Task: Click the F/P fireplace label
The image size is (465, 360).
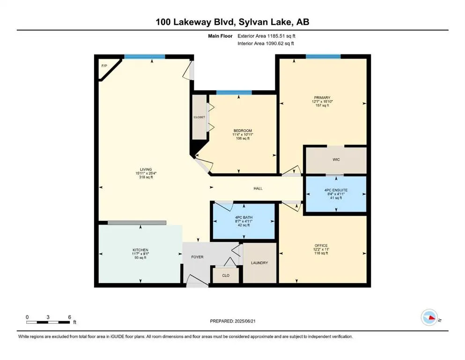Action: pos(104,66)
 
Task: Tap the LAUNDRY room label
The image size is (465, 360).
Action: pos(259,262)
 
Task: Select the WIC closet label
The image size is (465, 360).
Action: pos(336,159)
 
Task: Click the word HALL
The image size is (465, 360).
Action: pos(258,188)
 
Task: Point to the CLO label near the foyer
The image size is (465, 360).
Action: pos(226,276)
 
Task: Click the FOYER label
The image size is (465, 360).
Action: pos(197,257)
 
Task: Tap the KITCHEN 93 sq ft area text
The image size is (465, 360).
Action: pos(140,258)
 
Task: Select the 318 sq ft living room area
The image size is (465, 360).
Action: pos(146,177)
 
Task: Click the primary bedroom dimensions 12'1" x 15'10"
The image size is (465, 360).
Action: pos(322,102)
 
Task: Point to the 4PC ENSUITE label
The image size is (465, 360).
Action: pos(336,190)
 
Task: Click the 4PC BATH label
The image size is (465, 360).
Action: pos(244,217)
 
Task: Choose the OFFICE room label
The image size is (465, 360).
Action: pos(321,246)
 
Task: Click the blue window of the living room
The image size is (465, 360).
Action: pos(145,57)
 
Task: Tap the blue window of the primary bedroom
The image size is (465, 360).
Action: pos(323,56)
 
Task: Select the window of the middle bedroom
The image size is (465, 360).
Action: pos(234,93)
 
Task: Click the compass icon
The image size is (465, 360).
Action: pos(429,317)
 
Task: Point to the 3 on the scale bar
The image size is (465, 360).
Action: pos(48,317)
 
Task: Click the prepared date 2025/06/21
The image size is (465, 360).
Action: pos(245,321)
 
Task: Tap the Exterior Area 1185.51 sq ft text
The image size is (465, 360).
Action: pos(266,36)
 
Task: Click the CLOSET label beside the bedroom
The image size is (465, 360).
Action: pos(199,117)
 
